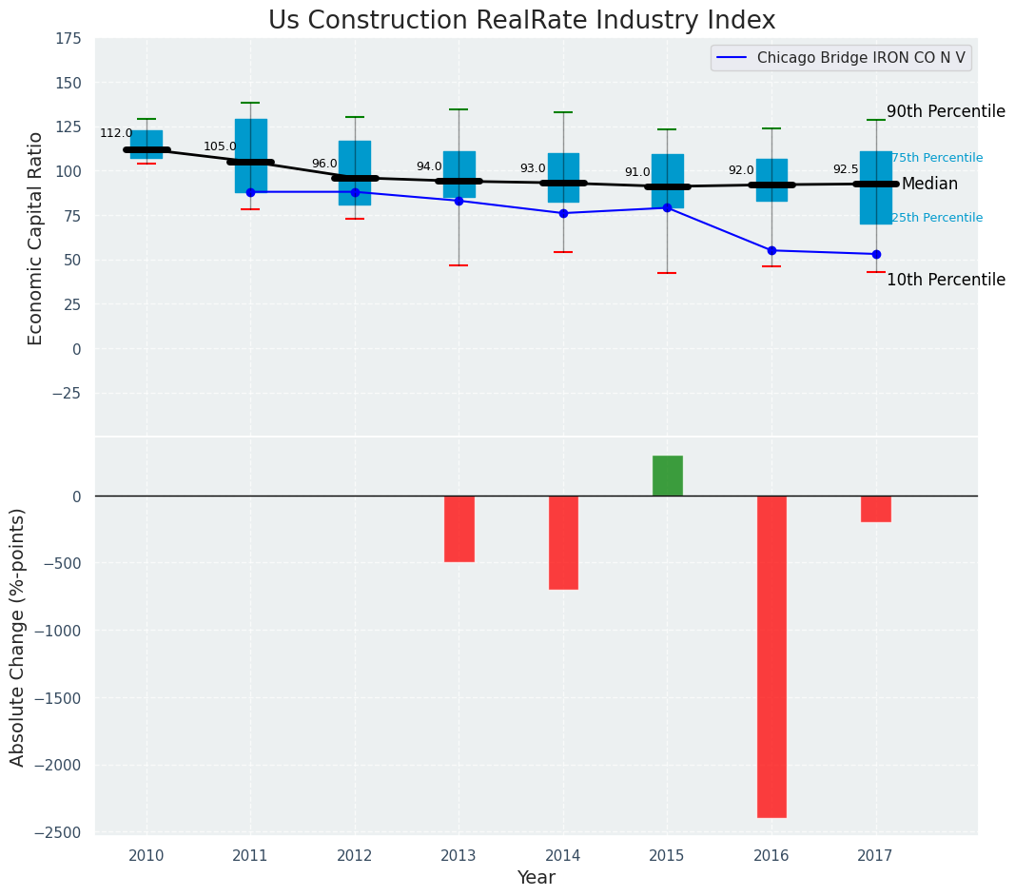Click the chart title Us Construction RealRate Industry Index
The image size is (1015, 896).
point(521,21)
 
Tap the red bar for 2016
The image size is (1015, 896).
point(771,656)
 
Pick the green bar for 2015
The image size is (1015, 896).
point(667,476)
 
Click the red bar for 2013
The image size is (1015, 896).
point(459,529)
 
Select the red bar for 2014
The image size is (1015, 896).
point(563,542)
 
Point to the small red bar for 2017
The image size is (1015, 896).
point(875,509)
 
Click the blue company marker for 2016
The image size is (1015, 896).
point(771,250)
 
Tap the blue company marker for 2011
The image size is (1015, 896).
point(250,192)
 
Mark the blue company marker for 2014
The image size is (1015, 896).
point(563,213)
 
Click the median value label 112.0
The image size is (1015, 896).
point(116,133)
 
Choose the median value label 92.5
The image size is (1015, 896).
point(846,169)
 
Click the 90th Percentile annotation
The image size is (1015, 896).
point(946,111)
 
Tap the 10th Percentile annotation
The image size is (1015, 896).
point(946,280)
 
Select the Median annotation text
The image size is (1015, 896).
point(929,185)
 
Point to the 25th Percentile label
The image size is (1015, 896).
point(937,218)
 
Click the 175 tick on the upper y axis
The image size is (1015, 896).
point(68,39)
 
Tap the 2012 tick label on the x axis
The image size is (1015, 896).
point(355,855)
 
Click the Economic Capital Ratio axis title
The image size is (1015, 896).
point(36,238)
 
